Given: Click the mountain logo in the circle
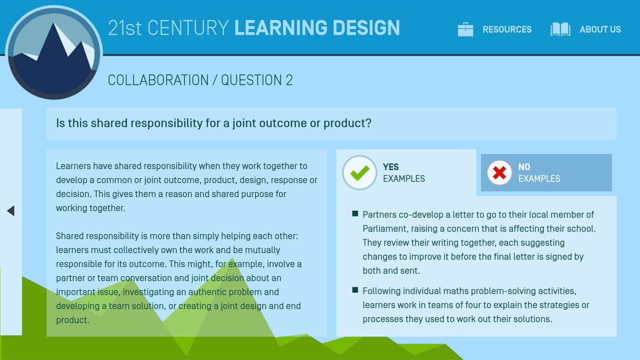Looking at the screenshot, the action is (54, 52).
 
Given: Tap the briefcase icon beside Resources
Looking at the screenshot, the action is (465, 29).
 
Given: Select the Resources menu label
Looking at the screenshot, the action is (507, 29).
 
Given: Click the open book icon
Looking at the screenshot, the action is (560, 29).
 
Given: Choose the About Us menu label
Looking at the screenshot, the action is (600, 29).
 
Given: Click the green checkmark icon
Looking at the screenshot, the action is (360, 172).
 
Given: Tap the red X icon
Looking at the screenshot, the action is (500, 172).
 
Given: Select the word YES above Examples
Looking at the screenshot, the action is (391, 167).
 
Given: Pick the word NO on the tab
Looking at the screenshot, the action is (524, 167).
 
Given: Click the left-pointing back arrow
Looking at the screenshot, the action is (11, 211).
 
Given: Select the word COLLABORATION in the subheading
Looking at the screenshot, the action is (158, 80).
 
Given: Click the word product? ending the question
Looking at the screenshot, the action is (348, 124).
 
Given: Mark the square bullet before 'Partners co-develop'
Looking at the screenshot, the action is (355, 214).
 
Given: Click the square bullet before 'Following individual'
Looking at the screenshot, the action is (355, 290).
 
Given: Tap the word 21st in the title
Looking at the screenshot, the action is (124, 28).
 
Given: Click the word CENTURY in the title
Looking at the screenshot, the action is (188, 28).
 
